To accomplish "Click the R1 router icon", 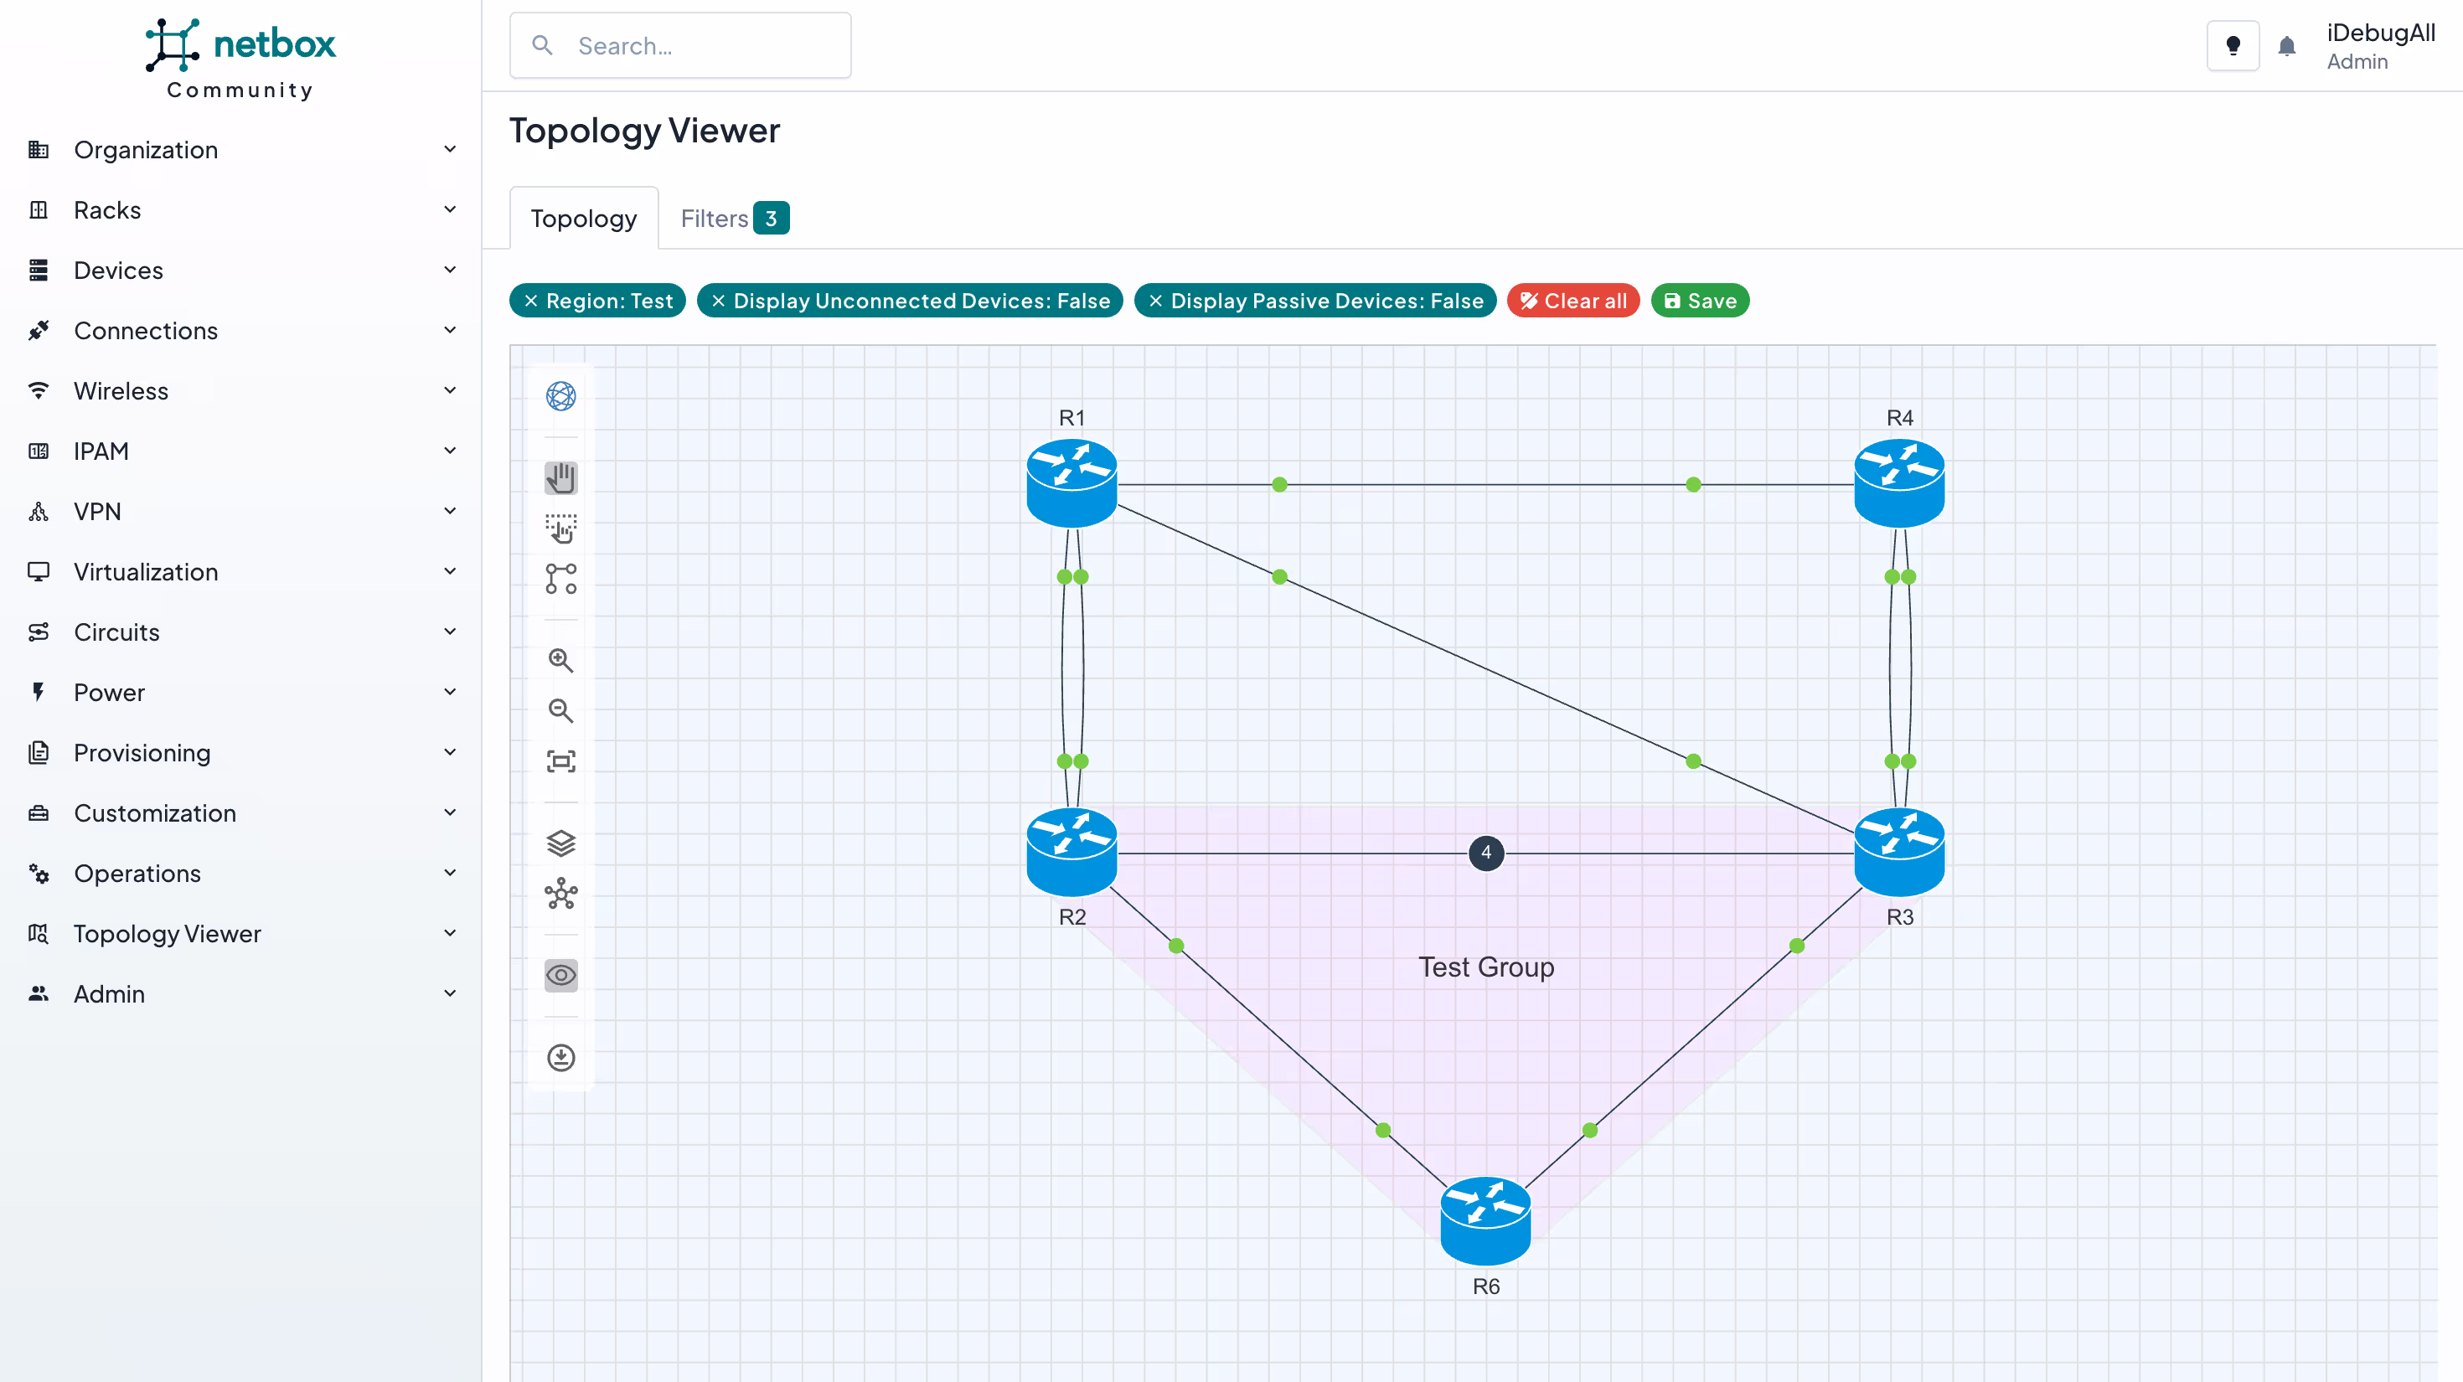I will point(1071,482).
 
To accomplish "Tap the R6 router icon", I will point(1485,1220).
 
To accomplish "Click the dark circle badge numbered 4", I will point(1485,853).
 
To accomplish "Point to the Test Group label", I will point(1485,967).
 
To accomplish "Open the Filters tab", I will point(732,218).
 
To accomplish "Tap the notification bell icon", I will point(2286,46).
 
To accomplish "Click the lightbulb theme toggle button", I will point(2233,46).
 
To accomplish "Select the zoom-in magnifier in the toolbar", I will point(560,660).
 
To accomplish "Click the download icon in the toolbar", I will point(560,1057).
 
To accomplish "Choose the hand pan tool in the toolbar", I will point(560,478).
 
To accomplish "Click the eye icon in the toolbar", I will point(560,975).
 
